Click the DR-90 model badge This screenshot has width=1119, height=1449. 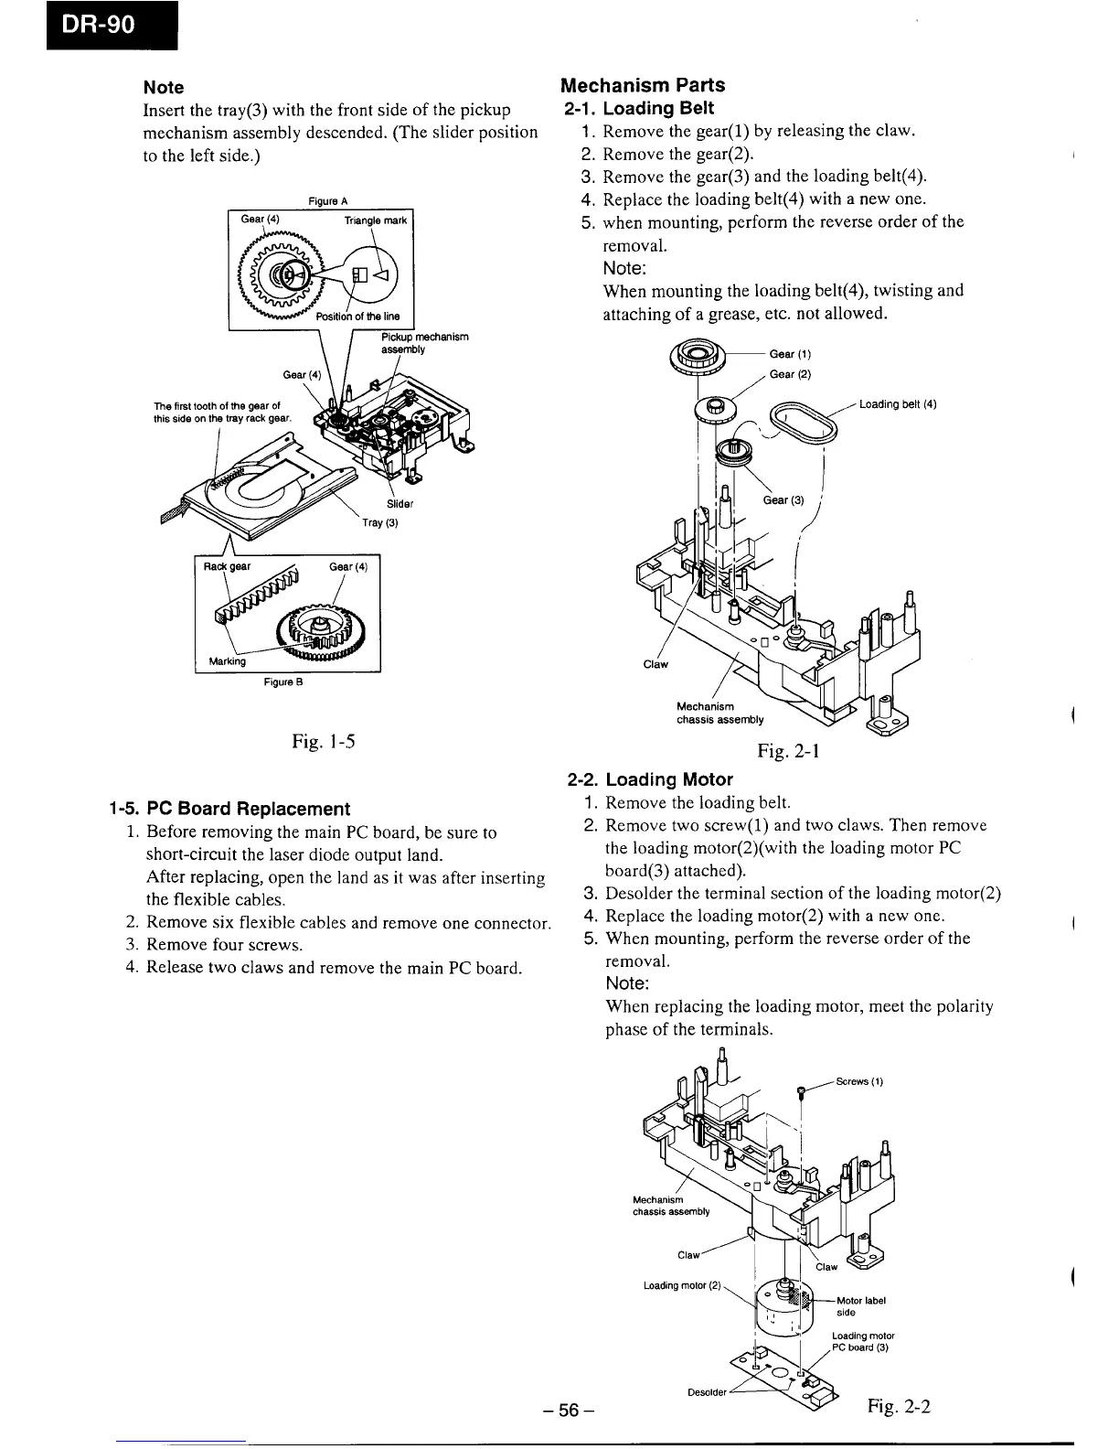tap(88, 26)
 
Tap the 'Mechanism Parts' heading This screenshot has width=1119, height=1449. tap(642, 85)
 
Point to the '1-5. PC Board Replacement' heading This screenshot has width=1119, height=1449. tap(228, 809)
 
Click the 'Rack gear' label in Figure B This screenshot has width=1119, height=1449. tap(228, 566)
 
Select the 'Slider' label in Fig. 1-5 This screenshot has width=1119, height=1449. tap(400, 504)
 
